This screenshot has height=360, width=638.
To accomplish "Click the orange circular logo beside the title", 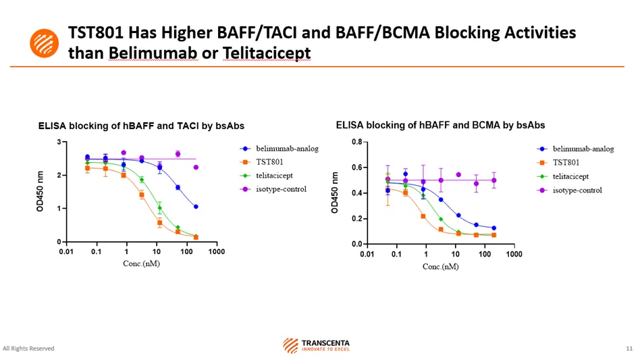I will coord(45,43).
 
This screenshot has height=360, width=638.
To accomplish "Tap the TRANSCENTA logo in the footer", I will coord(317,346).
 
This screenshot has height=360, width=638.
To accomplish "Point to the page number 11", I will coord(629,349).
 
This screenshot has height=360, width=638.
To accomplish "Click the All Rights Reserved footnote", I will coord(29,349).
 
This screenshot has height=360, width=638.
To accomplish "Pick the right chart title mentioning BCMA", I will coord(440,125).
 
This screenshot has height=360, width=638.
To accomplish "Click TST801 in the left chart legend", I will coord(269,161).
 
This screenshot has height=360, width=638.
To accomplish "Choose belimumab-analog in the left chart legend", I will coord(286,148).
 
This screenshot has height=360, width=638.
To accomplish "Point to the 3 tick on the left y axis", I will coord(59,142).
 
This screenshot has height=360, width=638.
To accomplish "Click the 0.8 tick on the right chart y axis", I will coord(356,142).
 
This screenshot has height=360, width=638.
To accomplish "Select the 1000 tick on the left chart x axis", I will coord(216,252).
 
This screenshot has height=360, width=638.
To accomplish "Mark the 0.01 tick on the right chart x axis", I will coord(367,255).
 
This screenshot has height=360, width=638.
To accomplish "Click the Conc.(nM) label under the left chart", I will coord(141,263).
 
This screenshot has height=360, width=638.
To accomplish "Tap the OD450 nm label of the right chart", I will coord(335,193).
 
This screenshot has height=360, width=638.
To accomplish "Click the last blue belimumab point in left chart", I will coord(196,207).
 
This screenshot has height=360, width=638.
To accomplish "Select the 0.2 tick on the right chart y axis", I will coord(356,219).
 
